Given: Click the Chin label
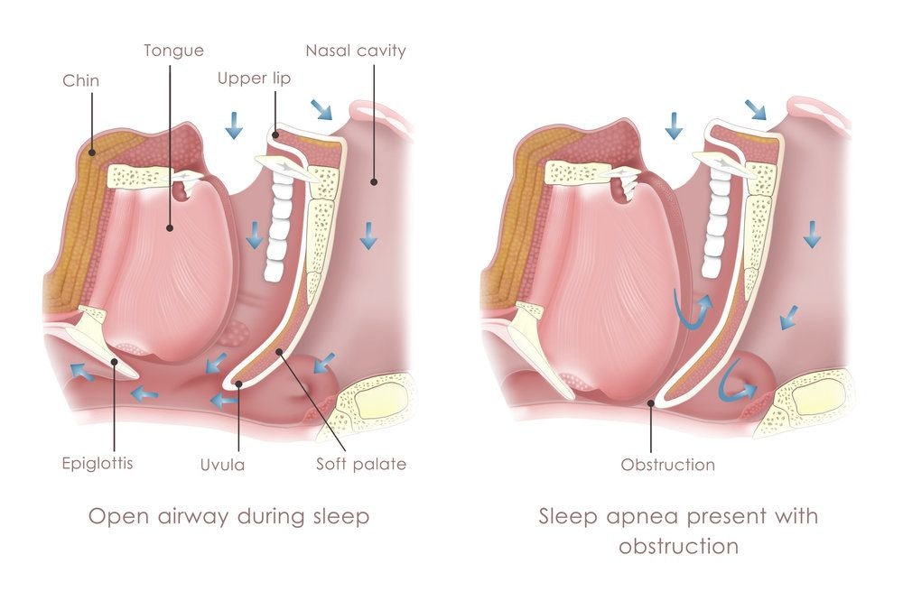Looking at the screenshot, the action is point(80,80).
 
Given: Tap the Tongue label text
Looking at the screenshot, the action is point(174,51).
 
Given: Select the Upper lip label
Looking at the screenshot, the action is point(254,79).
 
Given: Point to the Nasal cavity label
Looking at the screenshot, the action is point(356,51).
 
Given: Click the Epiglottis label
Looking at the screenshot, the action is point(98,464).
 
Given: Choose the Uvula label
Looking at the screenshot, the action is point(222,465).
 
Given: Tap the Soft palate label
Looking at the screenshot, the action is point(361,464).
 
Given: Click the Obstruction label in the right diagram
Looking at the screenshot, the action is point(668,465).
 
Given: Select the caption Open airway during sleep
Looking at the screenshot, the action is point(228,516).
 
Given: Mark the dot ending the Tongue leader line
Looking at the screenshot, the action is point(170,228).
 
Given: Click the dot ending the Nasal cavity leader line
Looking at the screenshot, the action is point(374,182).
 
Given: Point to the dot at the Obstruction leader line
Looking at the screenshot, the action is point(651,403).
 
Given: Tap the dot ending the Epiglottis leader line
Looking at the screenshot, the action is point(115,362).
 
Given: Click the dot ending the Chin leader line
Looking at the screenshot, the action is point(92,153).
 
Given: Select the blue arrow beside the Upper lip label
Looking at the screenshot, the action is point(234,125).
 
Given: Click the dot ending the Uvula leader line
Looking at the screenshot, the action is point(237,384).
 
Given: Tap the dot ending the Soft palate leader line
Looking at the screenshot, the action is point(280,352).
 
